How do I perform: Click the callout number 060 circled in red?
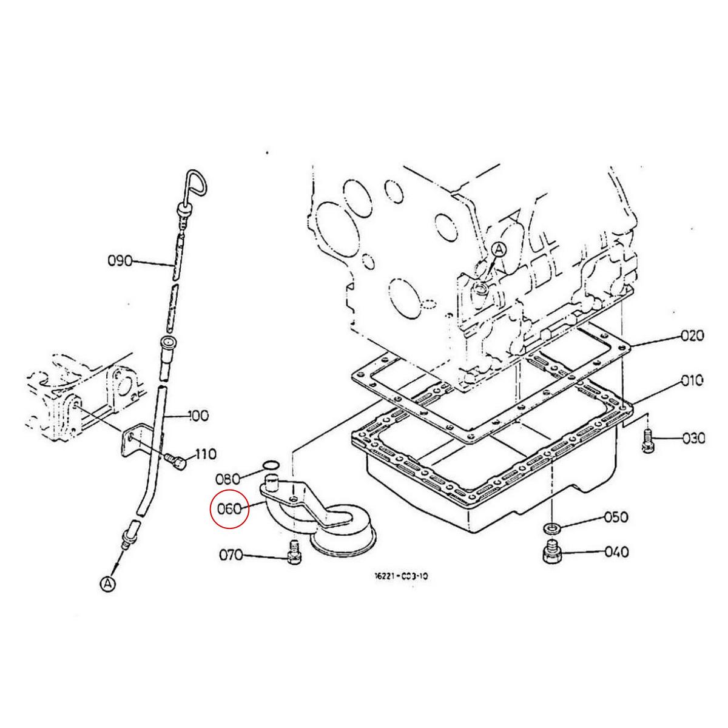tap(229, 508)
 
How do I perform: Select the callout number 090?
tap(121, 261)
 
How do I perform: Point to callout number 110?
tap(206, 454)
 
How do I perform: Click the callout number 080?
tap(228, 479)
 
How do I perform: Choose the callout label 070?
tap(231, 555)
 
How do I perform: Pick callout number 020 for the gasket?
tap(692, 335)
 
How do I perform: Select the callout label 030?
tap(693, 439)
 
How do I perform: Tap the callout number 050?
tap(616, 517)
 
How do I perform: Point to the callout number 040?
tap(617, 552)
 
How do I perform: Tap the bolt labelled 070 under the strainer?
tap(294, 553)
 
